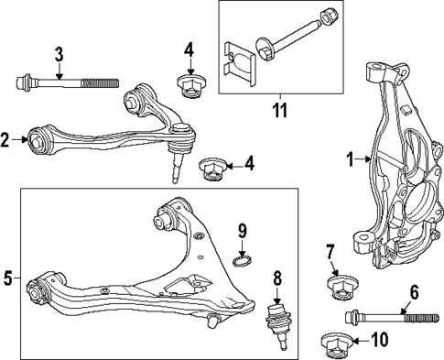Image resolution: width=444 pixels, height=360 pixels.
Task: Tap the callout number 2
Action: pos(7,140)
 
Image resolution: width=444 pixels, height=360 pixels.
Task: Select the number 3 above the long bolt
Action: pos(59,56)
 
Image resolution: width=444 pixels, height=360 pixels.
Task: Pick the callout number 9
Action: pos(243,230)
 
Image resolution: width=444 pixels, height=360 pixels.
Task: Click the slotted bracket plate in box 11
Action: pos(237,55)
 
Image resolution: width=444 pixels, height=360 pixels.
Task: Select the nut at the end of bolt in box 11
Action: pos(328,17)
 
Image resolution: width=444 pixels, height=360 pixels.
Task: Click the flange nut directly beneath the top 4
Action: pos(190,88)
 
